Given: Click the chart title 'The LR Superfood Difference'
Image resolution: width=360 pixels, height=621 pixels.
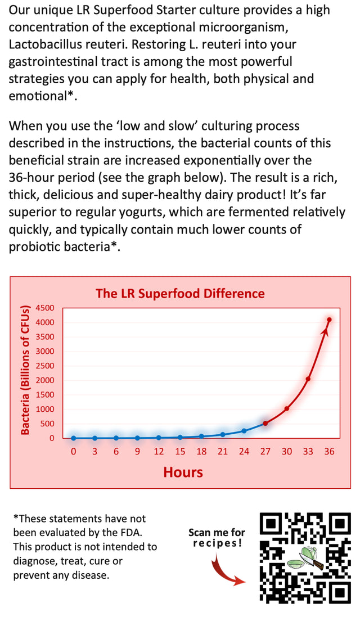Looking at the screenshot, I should click(x=180, y=293).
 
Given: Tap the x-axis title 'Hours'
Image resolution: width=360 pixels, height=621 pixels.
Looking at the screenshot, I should click(x=183, y=472).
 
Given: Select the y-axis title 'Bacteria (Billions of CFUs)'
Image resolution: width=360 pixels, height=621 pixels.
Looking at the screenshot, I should click(x=25, y=371).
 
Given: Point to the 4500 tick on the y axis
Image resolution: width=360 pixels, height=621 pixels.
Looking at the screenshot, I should click(x=45, y=308).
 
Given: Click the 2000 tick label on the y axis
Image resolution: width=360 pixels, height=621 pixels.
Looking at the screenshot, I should click(x=45, y=380).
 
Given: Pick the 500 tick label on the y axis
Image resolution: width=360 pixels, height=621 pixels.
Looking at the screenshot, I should click(x=47, y=424).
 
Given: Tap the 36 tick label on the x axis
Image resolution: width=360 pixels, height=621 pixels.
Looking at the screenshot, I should click(x=329, y=451).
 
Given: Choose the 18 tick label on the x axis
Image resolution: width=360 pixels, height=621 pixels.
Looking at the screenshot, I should click(x=201, y=451).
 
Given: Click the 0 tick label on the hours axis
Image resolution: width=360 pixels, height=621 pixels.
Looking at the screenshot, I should click(x=73, y=451).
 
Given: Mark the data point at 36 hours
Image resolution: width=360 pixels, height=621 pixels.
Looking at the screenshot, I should click(x=329, y=319).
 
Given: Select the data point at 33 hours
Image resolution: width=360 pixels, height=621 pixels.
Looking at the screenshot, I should click(x=308, y=379).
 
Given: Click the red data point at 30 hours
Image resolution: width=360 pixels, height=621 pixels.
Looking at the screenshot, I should click(x=287, y=408).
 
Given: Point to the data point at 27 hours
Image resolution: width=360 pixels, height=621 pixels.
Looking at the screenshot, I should click(x=265, y=423).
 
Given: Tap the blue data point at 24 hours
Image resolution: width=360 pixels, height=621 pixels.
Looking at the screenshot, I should click(x=244, y=431).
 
